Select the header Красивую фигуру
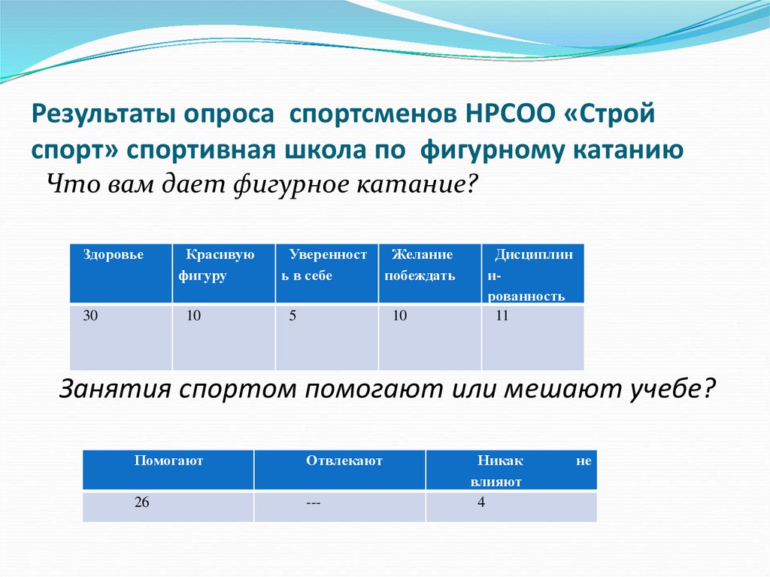pos(216,265)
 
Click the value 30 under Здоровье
pos(90,316)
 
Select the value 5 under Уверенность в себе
pos(293,317)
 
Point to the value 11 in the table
pos(502,317)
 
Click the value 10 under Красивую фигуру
pos(193,317)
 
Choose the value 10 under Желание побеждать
pos(399,317)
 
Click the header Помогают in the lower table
pos(168,460)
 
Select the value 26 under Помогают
pos(142,503)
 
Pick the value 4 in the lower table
pos(480,503)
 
